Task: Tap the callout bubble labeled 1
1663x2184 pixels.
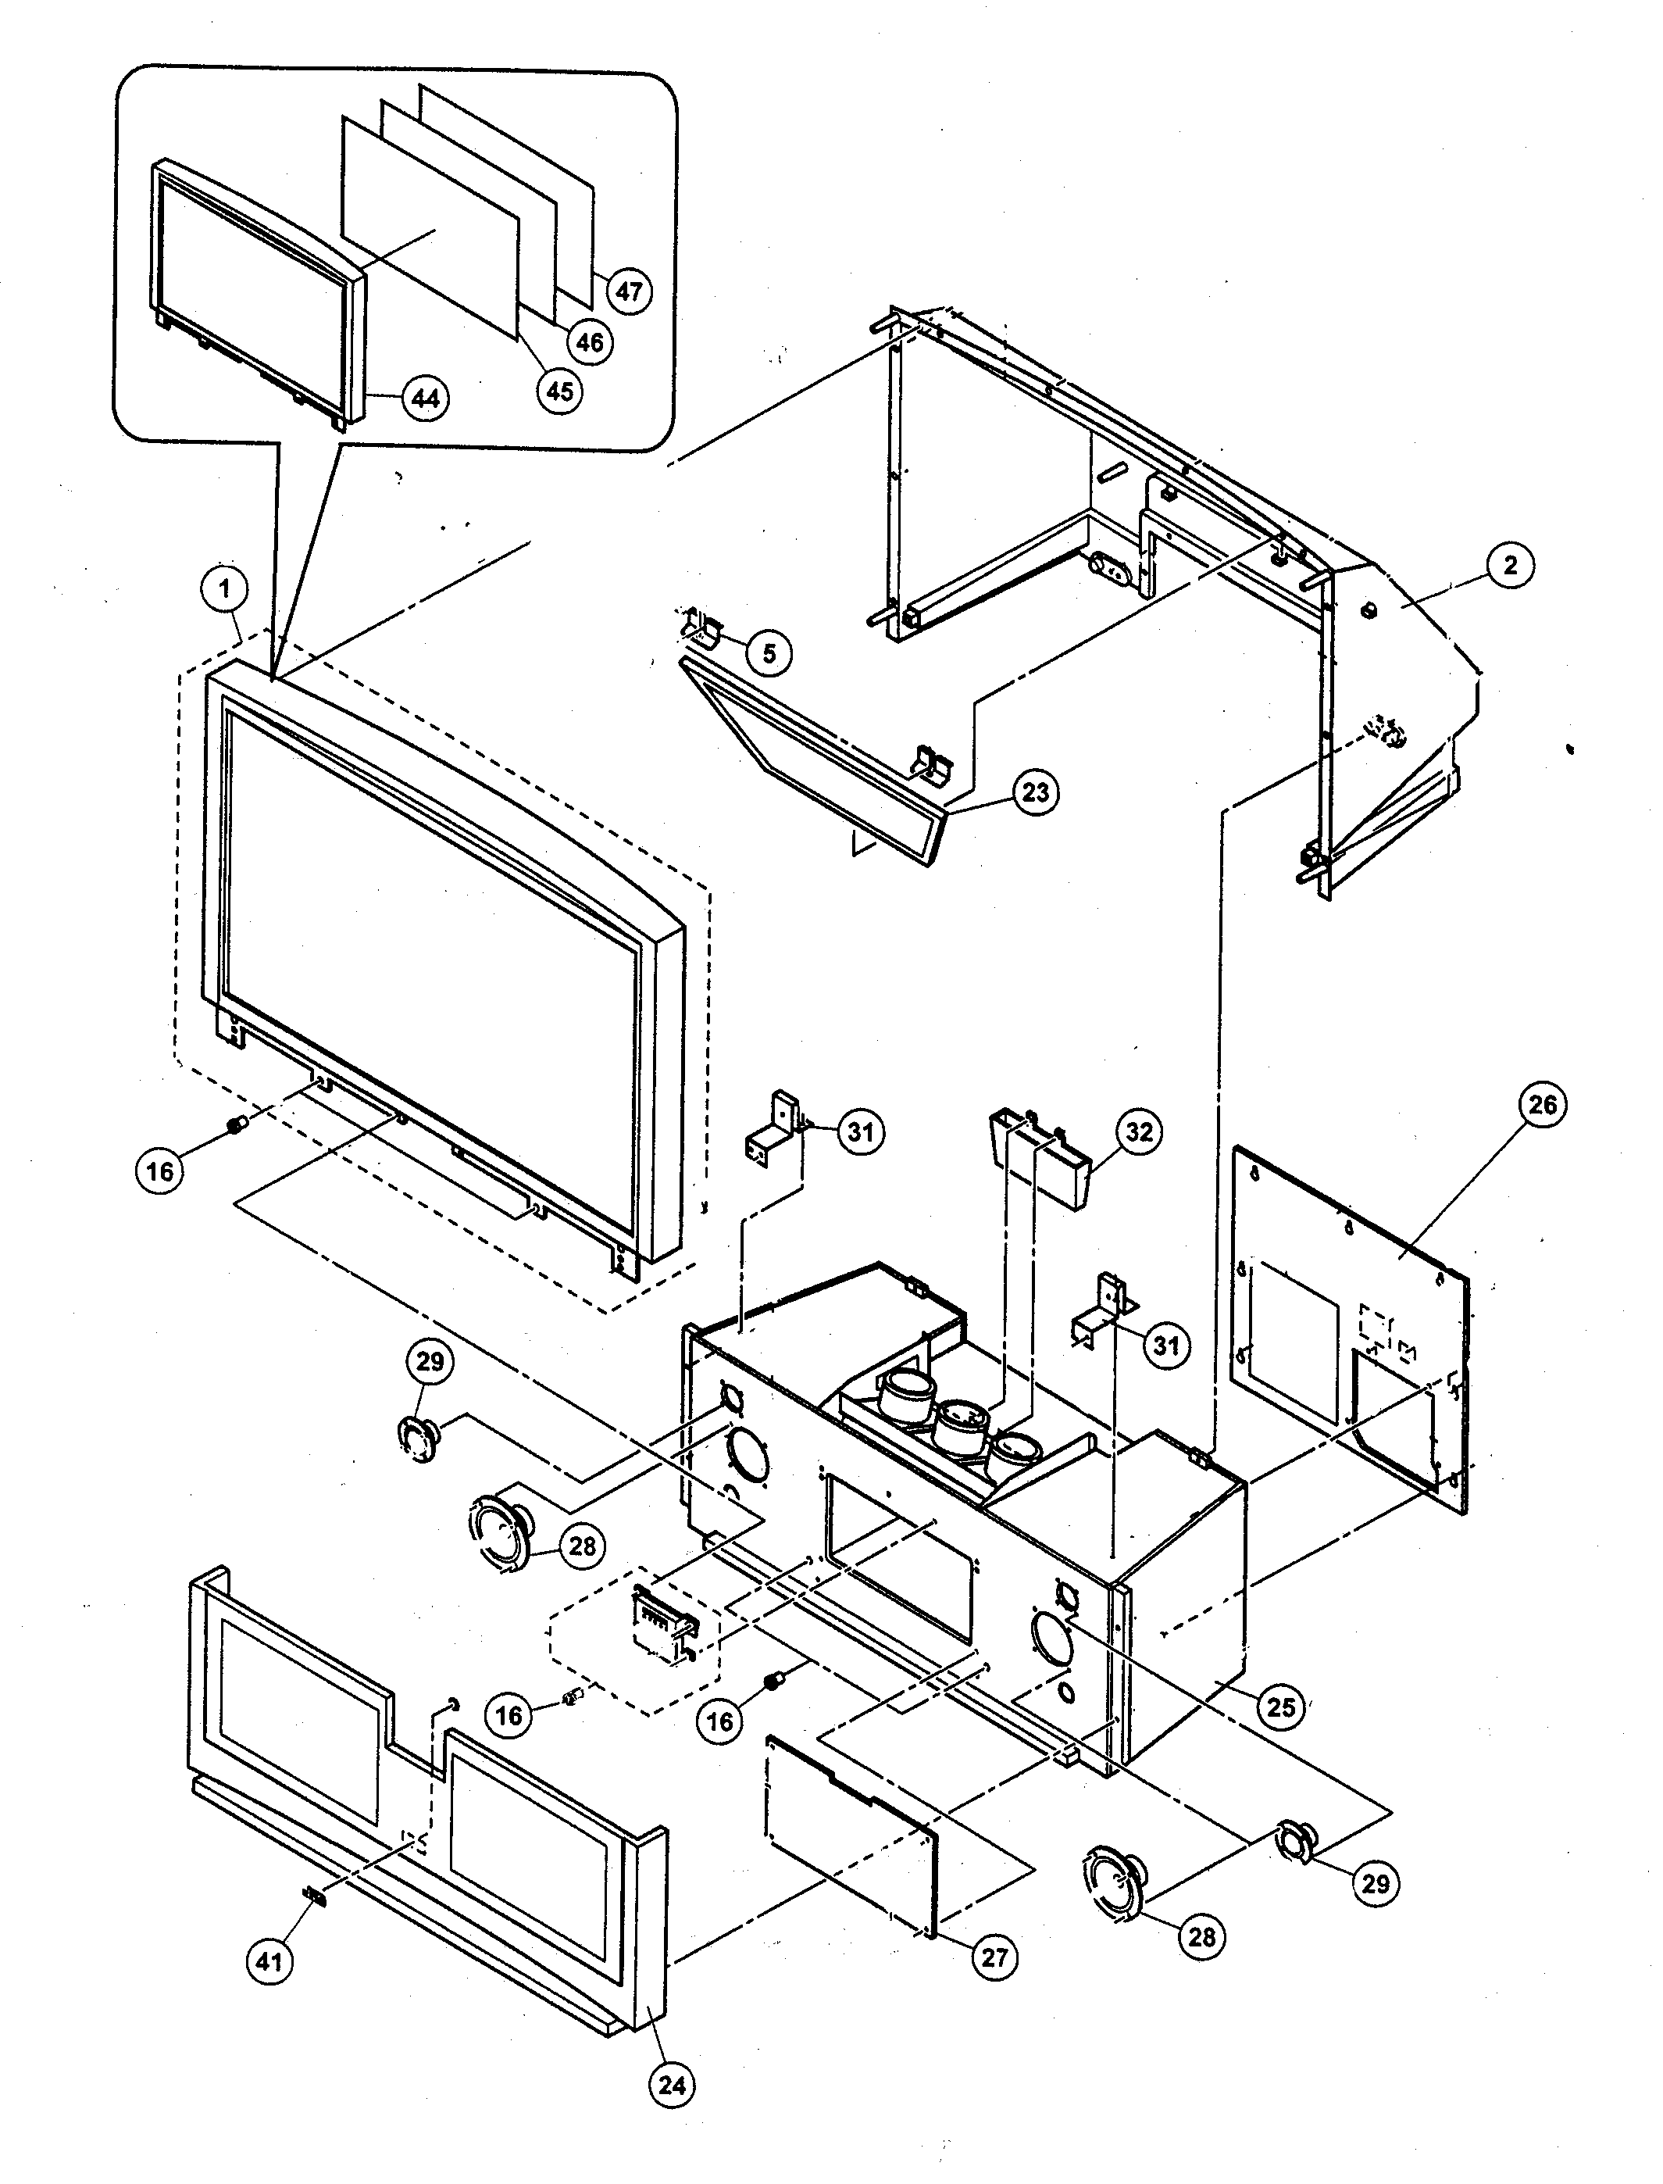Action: (225, 590)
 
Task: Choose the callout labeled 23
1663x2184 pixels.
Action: (1036, 793)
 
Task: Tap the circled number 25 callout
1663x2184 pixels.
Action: (1281, 1707)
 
